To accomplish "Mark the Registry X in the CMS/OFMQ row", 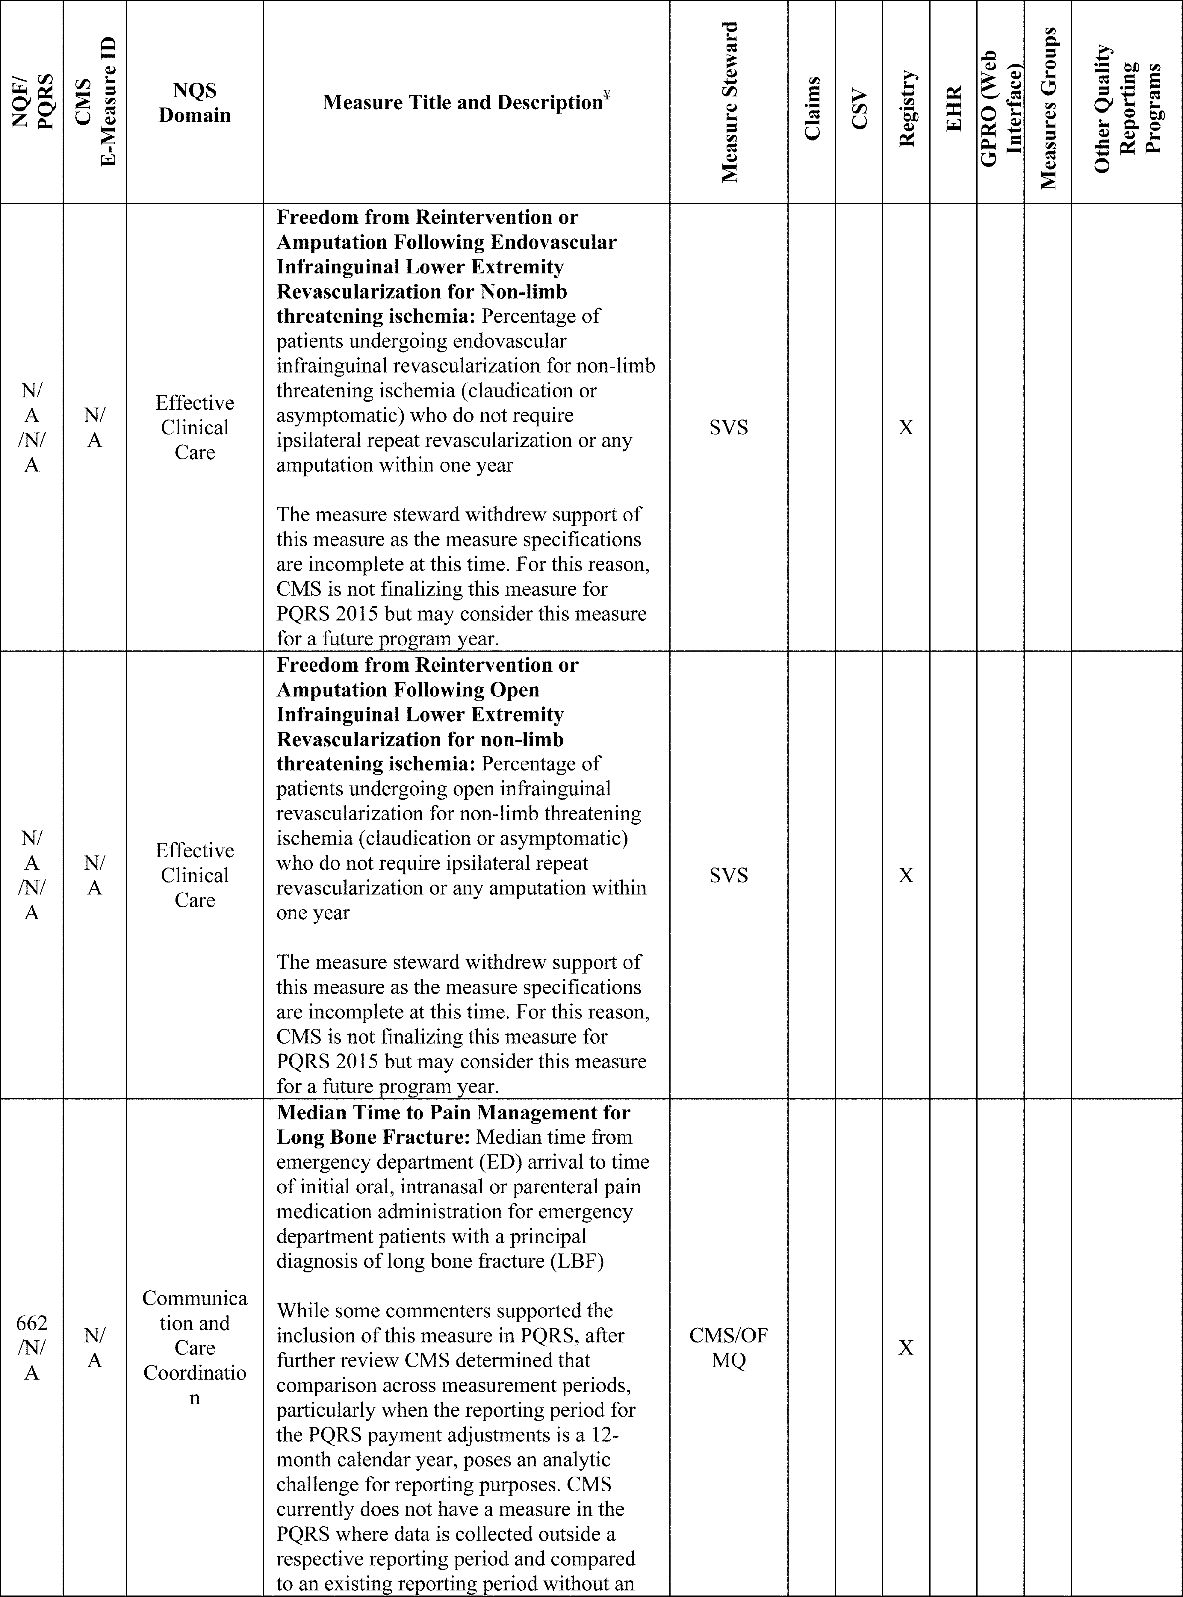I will tap(906, 1348).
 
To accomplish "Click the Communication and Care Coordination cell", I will tap(195, 1348).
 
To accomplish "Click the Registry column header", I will tap(906, 109).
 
